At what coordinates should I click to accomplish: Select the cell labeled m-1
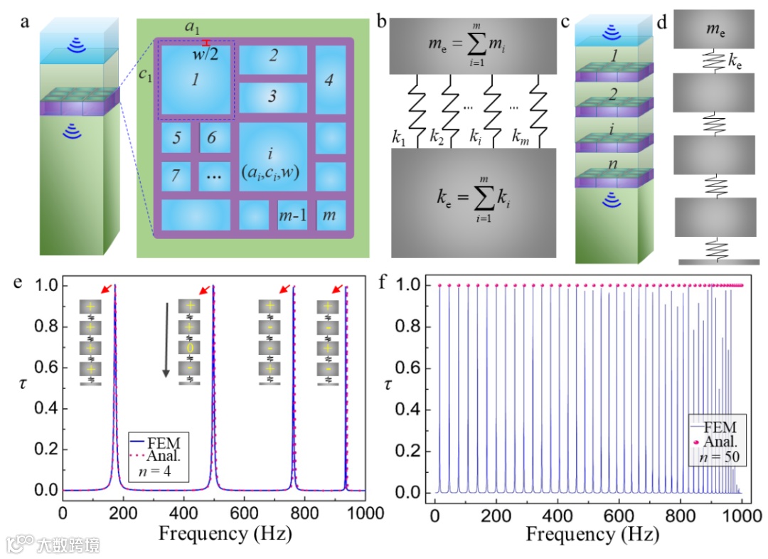coord(292,215)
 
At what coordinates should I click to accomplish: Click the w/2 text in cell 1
coord(206,55)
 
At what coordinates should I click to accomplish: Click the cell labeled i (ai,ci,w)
coord(272,158)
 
